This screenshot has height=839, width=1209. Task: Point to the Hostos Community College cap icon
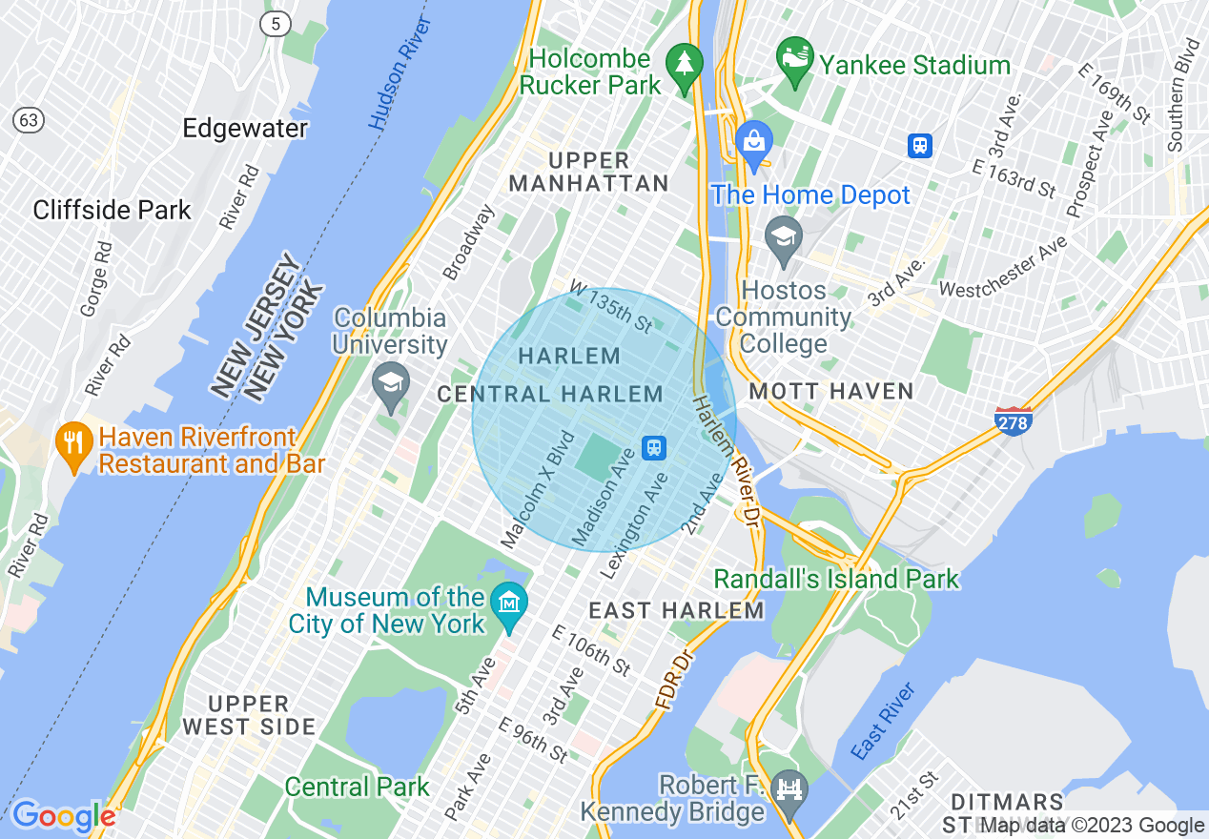784,234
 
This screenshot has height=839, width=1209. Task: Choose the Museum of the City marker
509,604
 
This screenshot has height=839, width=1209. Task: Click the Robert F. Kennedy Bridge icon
789,790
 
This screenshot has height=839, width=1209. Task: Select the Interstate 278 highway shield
1013,420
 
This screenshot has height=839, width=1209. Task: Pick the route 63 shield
29,120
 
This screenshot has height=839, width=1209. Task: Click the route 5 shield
276,25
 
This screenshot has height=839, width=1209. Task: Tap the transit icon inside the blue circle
654,447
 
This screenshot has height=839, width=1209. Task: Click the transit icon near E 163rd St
920,145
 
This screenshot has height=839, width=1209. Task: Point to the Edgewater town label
245,128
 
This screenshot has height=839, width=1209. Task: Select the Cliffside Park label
113,210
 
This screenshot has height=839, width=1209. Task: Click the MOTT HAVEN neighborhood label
831,391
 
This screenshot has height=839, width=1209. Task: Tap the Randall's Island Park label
836,579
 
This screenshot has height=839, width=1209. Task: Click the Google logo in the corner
63,816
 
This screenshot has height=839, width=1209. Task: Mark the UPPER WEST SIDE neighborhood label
249,715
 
